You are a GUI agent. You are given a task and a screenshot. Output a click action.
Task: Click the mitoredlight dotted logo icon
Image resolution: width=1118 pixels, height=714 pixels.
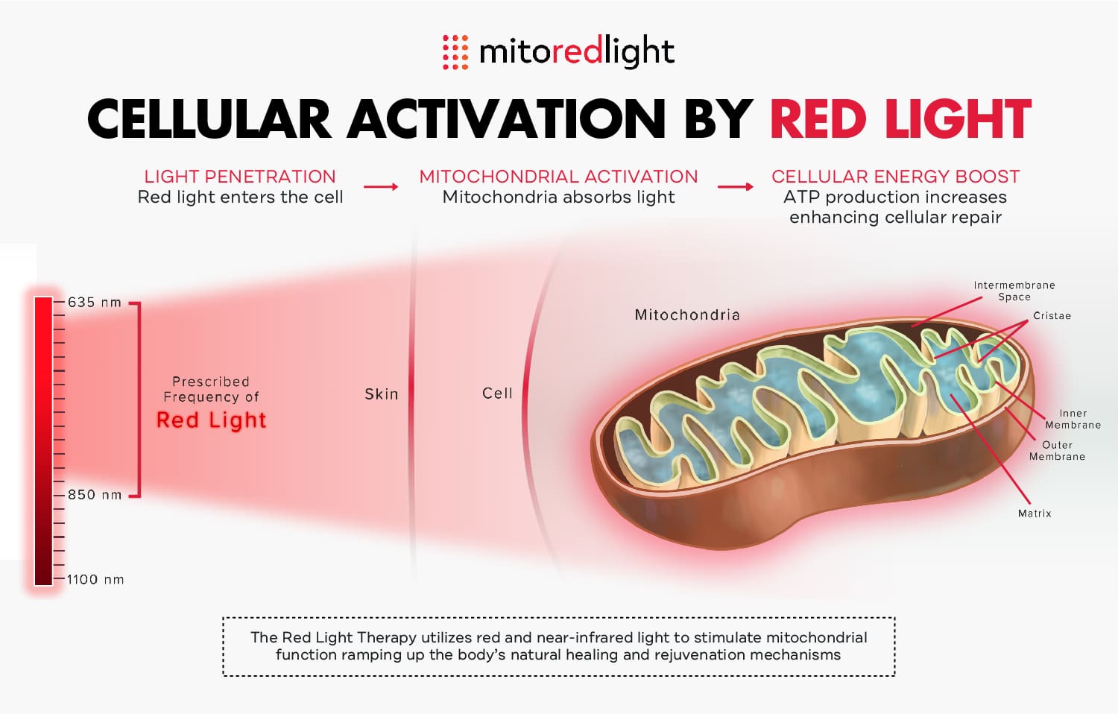coord(455,52)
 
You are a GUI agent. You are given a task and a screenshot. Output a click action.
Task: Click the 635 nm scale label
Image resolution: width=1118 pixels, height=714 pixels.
coord(94,303)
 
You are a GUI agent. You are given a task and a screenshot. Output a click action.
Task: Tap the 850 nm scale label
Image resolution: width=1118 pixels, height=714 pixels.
coord(95,495)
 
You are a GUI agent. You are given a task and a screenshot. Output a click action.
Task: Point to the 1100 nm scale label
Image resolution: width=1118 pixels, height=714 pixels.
coord(95,580)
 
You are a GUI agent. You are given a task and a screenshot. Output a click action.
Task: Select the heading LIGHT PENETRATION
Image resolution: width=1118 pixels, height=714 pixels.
coord(240,177)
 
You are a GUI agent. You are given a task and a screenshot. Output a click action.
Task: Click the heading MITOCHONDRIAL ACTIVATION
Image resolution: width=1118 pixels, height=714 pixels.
coord(558,177)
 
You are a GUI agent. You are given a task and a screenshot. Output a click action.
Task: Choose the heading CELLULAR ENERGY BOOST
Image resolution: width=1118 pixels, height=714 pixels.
coord(895,177)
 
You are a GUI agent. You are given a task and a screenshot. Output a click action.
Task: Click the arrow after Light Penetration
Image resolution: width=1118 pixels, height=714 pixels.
coord(381,186)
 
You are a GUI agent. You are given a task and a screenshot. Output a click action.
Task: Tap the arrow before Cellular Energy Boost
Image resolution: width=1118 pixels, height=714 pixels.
coord(736,186)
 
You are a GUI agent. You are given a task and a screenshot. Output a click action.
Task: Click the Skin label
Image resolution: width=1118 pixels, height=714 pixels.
coord(382,394)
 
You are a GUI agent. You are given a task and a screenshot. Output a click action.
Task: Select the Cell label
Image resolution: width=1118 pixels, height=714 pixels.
coord(497,394)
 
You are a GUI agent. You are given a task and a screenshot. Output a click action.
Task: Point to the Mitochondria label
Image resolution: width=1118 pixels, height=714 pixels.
coord(687,315)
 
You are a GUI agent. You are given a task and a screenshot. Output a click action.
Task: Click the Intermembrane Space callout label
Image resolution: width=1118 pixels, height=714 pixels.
coord(1014,291)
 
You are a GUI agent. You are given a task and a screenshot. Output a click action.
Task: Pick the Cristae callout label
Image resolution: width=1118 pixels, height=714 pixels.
coord(1052,316)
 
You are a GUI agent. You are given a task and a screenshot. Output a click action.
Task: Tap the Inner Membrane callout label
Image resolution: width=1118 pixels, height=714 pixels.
coord(1073,419)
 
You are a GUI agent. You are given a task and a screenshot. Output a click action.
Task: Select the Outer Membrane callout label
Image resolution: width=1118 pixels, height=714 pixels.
coord(1057,451)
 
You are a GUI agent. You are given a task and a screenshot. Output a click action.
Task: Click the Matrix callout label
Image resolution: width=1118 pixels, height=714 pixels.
coord(1035,514)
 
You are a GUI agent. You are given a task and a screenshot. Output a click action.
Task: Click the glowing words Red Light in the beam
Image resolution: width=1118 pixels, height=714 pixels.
coord(211,420)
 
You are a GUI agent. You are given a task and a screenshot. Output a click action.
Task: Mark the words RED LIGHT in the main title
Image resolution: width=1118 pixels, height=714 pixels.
coord(900,120)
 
